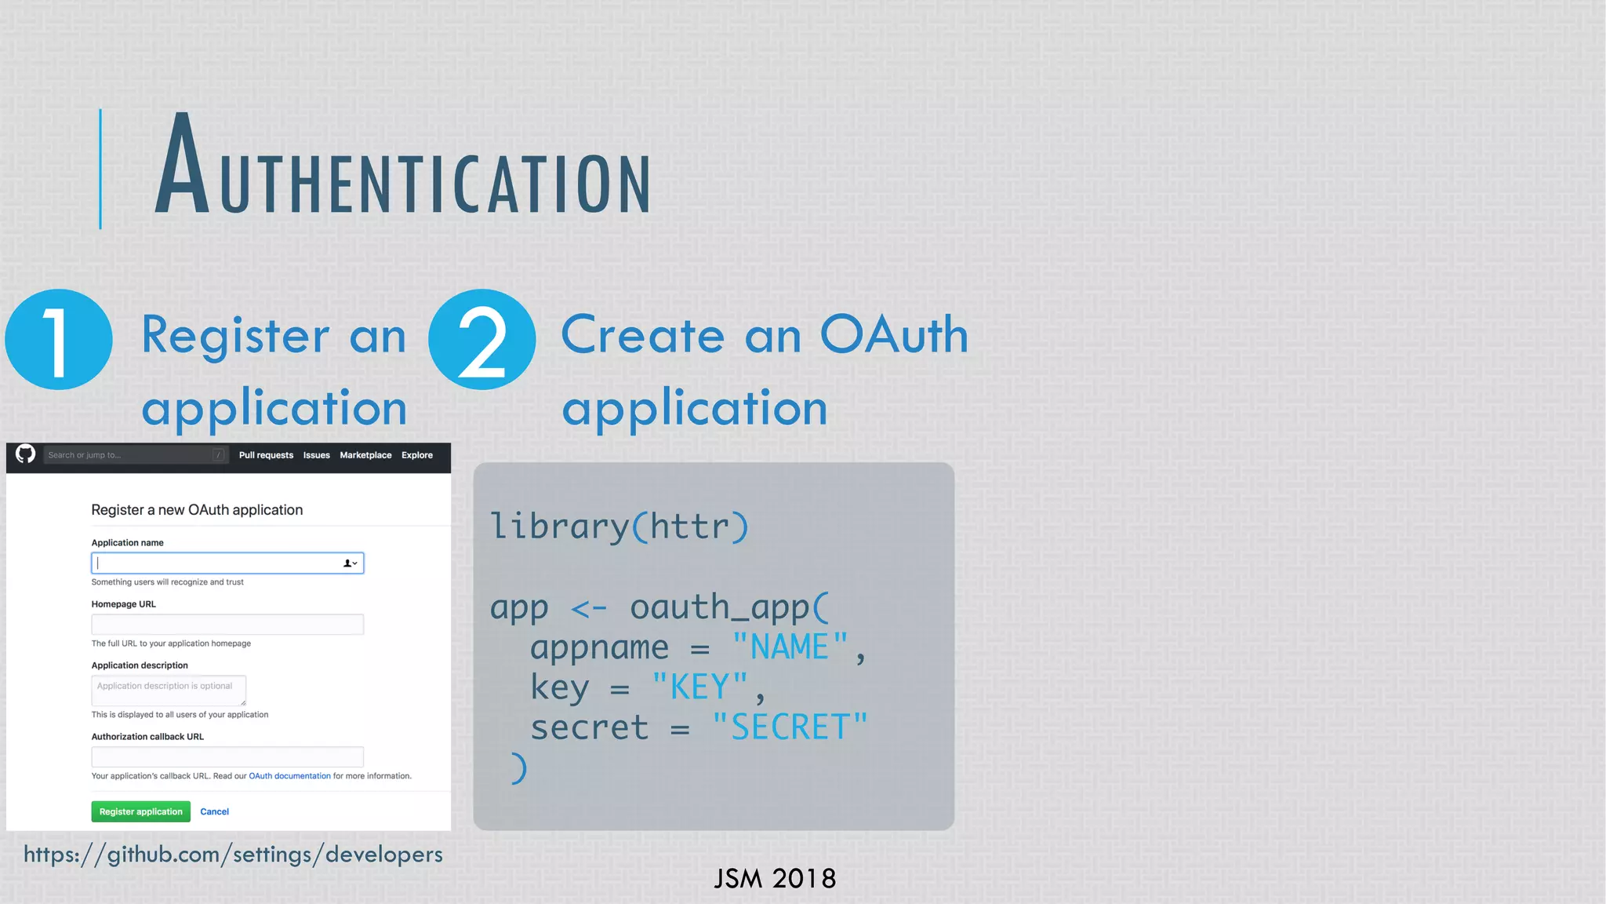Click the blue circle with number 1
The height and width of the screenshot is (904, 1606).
click(59, 340)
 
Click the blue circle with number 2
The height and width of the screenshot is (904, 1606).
click(482, 340)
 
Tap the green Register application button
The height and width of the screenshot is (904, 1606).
click(140, 811)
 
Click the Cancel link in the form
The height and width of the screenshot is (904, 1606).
click(214, 811)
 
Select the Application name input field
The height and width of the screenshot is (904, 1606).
click(220, 563)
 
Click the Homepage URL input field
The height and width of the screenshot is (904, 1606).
click(227, 625)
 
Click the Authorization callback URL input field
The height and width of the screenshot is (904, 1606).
click(227, 757)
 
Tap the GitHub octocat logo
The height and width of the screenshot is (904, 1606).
click(26, 454)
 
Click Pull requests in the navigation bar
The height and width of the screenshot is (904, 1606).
click(266, 455)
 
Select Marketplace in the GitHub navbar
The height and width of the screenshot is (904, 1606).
click(365, 455)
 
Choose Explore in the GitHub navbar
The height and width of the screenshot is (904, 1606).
click(417, 455)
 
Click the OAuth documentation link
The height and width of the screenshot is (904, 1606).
click(289, 776)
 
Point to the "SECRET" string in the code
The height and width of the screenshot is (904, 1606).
click(790, 727)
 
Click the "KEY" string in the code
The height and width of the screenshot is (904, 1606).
click(699, 687)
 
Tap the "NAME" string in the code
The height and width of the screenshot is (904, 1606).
click(790, 647)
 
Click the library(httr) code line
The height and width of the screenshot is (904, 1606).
click(620, 526)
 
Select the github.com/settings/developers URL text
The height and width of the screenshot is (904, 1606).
click(233, 855)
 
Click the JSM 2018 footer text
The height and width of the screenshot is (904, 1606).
click(775, 879)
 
